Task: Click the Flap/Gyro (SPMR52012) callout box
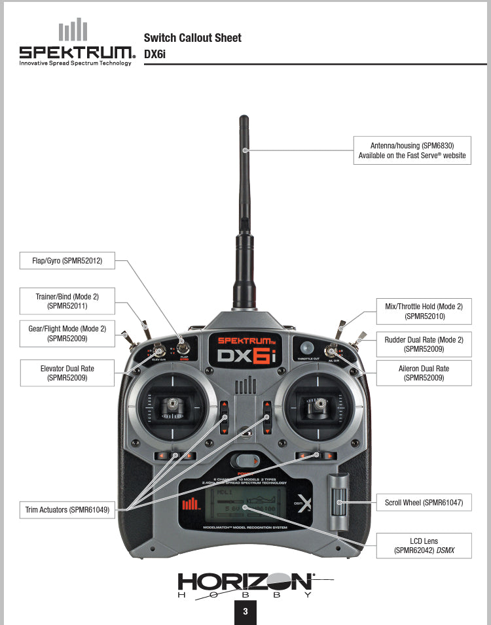point(67,261)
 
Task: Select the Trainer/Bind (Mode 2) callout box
point(67,301)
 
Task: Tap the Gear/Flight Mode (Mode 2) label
point(67,333)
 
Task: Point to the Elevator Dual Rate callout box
point(67,373)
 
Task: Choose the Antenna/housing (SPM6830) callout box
point(412,150)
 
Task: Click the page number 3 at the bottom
point(245,613)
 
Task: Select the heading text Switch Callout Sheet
point(192,38)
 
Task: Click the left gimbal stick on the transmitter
point(172,407)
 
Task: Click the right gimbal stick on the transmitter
point(320,407)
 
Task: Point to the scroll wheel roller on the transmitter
point(339,503)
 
